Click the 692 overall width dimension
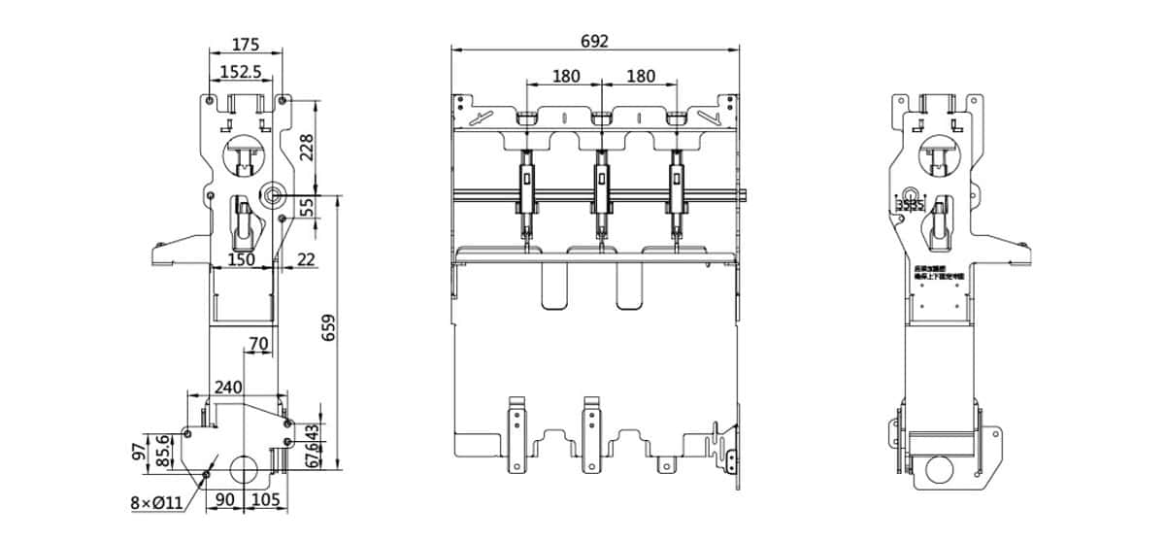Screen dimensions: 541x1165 [x=594, y=41]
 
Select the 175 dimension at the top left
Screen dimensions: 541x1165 [x=246, y=45]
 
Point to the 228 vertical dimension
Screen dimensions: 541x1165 [x=308, y=147]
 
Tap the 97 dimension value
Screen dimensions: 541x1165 [x=140, y=451]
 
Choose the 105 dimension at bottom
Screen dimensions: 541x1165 [x=265, y=499]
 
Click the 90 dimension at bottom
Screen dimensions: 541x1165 [x=224, y=499]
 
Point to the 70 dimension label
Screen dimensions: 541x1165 [x=258, y=343]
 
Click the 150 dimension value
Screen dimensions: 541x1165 [x=241, y=259]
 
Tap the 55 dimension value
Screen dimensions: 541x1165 [x=308, y=208]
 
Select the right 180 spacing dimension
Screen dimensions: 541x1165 [x=640, y=76]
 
